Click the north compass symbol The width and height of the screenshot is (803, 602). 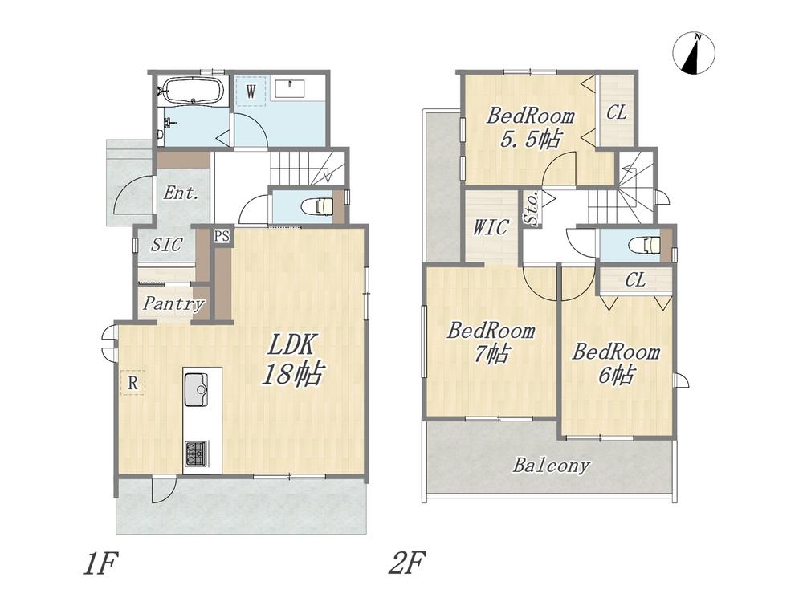(x=694, y=53)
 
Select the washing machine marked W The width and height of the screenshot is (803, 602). (x=251, y=92)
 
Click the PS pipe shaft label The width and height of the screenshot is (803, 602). (x=222, y=236)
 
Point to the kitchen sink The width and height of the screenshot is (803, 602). (x=195, y=389)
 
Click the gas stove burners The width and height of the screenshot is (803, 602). (x=195, y=454)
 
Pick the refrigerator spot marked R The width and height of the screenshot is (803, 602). (x=132, y=382)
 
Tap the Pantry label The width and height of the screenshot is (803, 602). (x=173, y=303)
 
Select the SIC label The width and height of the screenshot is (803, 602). (x=167, y=245)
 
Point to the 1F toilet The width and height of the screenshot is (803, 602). (x=319, y=206)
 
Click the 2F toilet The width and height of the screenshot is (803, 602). (x=646, y=245)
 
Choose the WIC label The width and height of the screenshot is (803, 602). (x=491, y=227)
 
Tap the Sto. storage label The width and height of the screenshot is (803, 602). (x=531, y=208)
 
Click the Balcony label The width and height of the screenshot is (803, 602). (x=551, y=466)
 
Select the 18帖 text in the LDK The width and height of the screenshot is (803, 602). (x=292, y=374)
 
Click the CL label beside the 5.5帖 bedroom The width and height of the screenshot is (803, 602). (x=617, y=112)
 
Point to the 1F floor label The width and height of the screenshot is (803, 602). (x=100, y=563)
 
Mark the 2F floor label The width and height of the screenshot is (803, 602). (x=408, y=563)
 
